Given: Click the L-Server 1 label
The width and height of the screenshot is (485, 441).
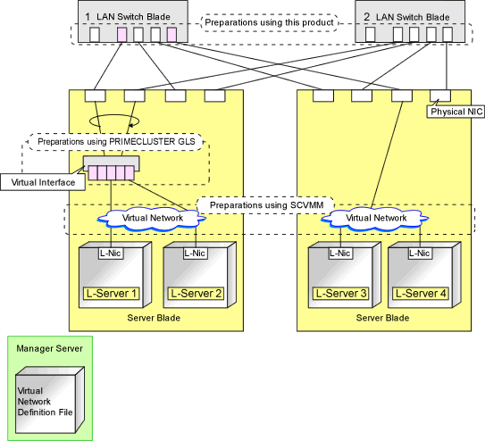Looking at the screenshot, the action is pos(111,294).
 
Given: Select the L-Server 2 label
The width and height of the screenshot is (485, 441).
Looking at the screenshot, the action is pos(196,294).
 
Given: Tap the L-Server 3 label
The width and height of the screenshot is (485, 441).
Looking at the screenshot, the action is pos(341,294).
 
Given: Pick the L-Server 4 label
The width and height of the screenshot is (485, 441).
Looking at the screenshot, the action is pos(421,294).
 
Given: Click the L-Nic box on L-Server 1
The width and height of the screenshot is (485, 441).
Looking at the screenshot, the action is pos(111,254).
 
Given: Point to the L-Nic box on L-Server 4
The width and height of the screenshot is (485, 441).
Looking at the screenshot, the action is pos(420,254).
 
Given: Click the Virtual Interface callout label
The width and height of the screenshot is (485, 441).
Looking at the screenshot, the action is pos(43,182).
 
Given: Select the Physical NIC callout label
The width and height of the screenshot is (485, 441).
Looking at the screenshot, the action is pos(456,112).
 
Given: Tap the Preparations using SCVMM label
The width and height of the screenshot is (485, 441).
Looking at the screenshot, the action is pos(266,205).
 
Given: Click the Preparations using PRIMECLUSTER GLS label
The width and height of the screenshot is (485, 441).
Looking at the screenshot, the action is pos(116,142).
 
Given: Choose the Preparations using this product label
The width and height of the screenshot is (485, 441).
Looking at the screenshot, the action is pos(269,22).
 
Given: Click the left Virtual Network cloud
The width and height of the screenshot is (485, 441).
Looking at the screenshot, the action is pos(152,219).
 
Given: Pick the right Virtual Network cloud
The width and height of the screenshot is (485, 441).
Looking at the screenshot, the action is pos(375,219).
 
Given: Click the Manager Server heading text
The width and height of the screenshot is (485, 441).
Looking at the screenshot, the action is pos(49,348).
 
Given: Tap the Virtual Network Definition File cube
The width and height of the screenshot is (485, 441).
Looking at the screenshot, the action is pos(50,400).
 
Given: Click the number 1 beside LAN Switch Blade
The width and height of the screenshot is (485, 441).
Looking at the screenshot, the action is pos(88,17).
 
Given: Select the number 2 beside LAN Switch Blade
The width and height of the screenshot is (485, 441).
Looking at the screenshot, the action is pos(366,17).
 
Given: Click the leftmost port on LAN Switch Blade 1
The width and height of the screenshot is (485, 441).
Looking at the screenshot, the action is pos(95,34).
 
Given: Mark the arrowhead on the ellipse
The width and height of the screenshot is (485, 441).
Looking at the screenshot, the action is pos(131,125).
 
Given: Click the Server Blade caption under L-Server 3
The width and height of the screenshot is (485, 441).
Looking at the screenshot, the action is pos(382,318).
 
